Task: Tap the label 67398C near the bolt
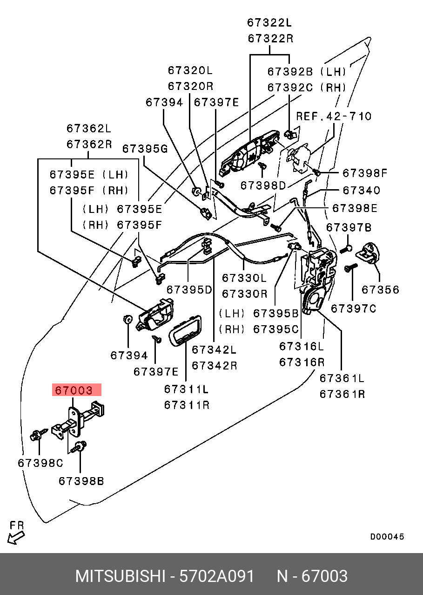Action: [x=40, y=463]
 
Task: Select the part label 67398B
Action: [x=81, y=480]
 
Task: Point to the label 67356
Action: [x=380, y=289]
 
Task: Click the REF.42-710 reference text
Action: [x=334, y=116]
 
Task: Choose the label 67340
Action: [x=361, y=191]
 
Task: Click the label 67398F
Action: [x=365, y=173]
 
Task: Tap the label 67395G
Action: [x=145, y=149]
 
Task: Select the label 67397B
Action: [x=349, y=227]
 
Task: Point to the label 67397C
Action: [x=353, y=308]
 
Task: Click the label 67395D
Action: [x=189, y=289]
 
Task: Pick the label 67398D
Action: [x=263, y=185]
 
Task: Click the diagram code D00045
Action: [x=387, y=537]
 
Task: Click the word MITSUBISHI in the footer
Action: [x=120, y=576]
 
